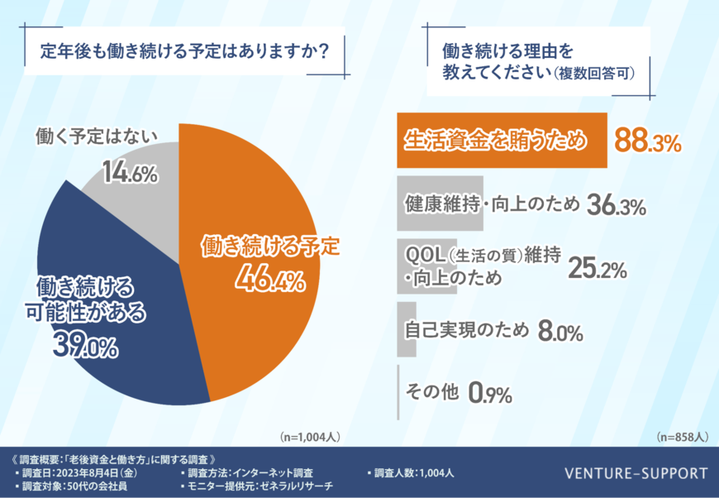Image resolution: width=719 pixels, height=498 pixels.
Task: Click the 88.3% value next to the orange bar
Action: [x=648, y=141]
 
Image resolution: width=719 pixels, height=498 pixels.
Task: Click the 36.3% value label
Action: [x=616, y=206]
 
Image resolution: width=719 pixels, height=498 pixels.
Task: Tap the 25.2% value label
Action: [x=597, y=269]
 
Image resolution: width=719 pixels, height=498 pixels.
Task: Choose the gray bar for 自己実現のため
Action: [x=407, y=329]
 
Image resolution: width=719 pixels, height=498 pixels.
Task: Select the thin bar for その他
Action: [x=399, y=392]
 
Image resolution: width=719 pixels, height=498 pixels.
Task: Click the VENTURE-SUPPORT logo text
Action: [x=636, y=474]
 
